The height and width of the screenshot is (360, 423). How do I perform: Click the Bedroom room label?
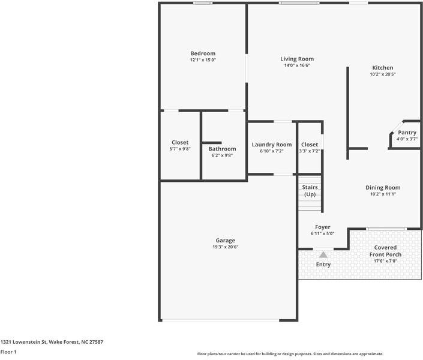tap(203, 53)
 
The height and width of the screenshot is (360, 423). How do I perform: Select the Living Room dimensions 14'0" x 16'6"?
tap(297, 65)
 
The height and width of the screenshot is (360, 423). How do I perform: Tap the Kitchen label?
tap(383, 68)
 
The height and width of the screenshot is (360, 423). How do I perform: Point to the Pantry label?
tap(407, 133)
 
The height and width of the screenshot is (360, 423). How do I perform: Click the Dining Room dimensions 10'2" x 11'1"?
tap(383, 194)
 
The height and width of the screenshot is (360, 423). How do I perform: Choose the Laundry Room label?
tap(272, 145)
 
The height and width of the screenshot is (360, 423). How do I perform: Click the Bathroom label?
tap(222, 149)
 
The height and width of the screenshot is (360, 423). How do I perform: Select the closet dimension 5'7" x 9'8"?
tap(180, 149)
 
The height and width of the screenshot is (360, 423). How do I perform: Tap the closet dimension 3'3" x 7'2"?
tap(310, 151)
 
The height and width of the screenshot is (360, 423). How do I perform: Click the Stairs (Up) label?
tap(310, 191)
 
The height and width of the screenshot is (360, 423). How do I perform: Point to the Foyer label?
tap(323, 227)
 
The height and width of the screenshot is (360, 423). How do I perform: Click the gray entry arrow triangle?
tap(323, 254)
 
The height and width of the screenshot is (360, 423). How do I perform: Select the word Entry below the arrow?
tap(323, 265)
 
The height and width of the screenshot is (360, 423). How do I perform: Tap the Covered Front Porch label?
tap(385, 251)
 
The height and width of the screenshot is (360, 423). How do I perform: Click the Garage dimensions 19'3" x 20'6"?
tap(226, 247)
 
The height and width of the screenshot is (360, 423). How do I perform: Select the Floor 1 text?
tap(8, 352)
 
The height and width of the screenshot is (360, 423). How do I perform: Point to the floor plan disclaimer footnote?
tap(290, 354)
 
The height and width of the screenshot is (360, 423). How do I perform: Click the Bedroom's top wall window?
tap(203, 3)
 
